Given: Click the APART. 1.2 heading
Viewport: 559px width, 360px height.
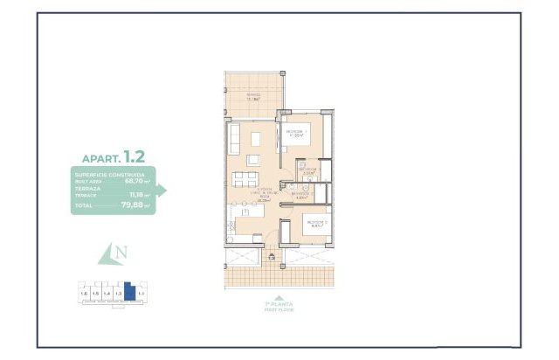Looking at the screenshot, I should [114, 158].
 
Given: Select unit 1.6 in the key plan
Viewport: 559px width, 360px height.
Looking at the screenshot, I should [84, 294].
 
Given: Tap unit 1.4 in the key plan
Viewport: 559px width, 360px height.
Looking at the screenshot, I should [106, 294].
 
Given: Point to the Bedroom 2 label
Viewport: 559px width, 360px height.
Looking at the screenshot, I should [314, 224].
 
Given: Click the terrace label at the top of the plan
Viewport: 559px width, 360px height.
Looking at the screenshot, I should [252, 97].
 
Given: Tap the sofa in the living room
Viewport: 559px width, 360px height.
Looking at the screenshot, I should [235, 137].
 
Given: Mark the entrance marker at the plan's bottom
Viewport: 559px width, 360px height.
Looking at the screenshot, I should [271, 257].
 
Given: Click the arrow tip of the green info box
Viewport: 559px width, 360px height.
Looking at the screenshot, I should [165, 190].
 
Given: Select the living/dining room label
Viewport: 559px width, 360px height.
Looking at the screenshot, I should [263, 195].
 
